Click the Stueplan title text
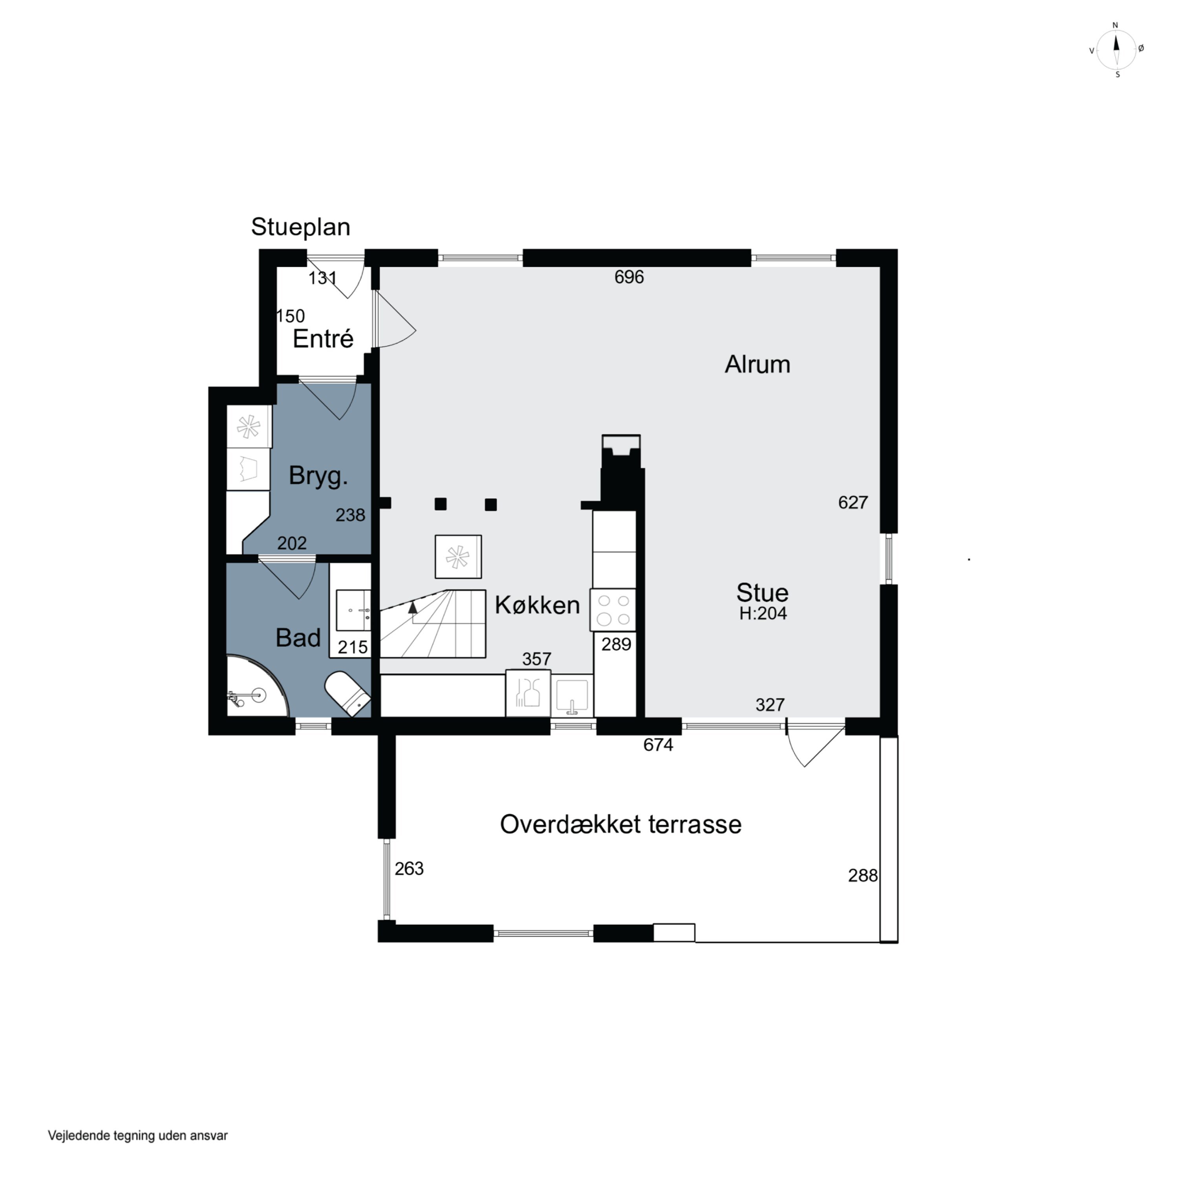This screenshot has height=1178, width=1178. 301,227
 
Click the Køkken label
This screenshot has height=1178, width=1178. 537,605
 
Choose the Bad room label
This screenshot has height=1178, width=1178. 298,638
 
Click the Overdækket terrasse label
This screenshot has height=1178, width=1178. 621,824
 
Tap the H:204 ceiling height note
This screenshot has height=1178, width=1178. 763,613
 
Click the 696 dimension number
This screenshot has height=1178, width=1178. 629,278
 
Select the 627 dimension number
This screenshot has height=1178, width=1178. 853,503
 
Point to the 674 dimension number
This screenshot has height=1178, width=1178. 659,744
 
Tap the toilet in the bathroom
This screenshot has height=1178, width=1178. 347,694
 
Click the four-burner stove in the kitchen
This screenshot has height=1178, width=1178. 613,610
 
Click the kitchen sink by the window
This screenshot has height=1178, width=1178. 572,696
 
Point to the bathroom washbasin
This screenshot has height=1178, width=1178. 354,610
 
